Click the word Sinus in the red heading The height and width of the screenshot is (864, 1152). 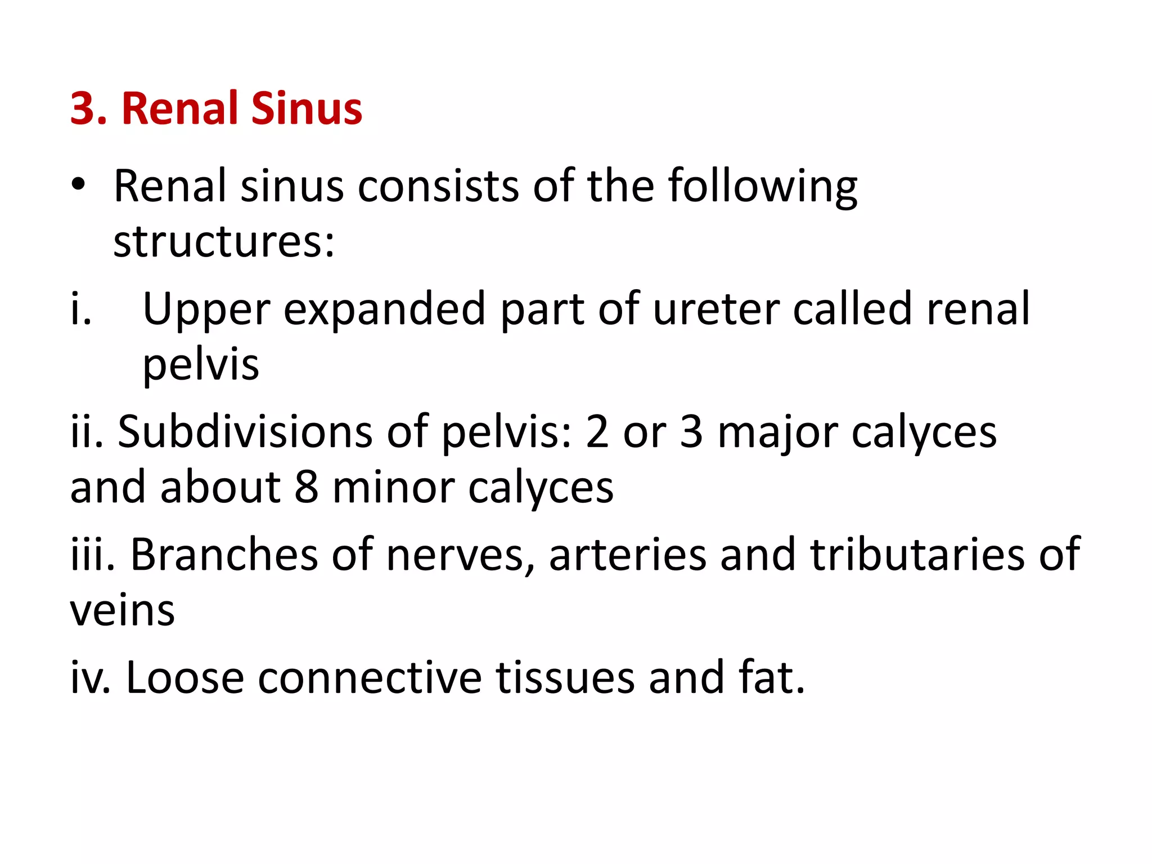307,108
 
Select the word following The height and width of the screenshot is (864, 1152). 762,187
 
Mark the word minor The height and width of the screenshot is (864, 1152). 394,487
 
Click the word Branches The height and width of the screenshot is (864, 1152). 224,555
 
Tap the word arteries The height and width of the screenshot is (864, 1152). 628,555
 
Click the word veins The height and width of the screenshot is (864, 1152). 123,610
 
